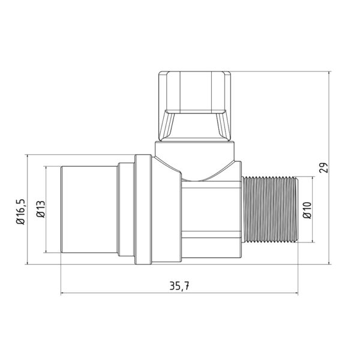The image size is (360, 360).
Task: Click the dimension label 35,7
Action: point(180,286)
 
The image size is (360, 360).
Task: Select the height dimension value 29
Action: point(325,167)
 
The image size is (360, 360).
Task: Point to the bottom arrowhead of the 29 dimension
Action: point(332,262)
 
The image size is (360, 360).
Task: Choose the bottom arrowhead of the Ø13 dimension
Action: point(47,252)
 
